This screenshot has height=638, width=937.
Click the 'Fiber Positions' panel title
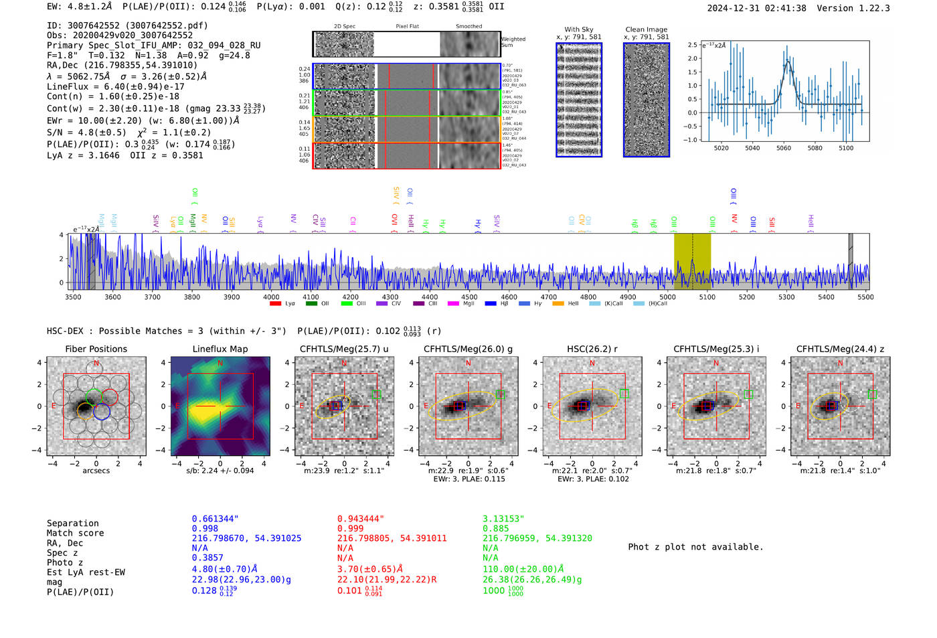click(x=96, y=349)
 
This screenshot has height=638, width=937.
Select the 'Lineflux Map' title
click(x=220, y=349)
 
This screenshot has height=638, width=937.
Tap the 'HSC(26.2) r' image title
click(x=592, y=349)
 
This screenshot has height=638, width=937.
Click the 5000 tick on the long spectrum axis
click(x=667, y=297)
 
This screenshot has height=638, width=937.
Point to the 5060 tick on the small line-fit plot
click(x=784, y=148)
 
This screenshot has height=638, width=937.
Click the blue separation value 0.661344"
click(x=216, y=519)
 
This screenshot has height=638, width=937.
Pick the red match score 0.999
click(x=351, y=528)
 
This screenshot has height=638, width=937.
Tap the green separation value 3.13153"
click(x=503, y=519)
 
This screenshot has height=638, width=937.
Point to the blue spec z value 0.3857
click(x=207, y=558)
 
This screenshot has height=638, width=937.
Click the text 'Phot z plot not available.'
click(x=695, y=547)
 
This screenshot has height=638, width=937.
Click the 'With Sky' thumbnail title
click(x=578, y=29)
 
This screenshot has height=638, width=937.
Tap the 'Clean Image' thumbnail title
click(x=646, y=29)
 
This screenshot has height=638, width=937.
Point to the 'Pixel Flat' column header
click(x=407, y=26)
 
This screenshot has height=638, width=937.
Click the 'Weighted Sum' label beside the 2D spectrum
click(x=513, y=42)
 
